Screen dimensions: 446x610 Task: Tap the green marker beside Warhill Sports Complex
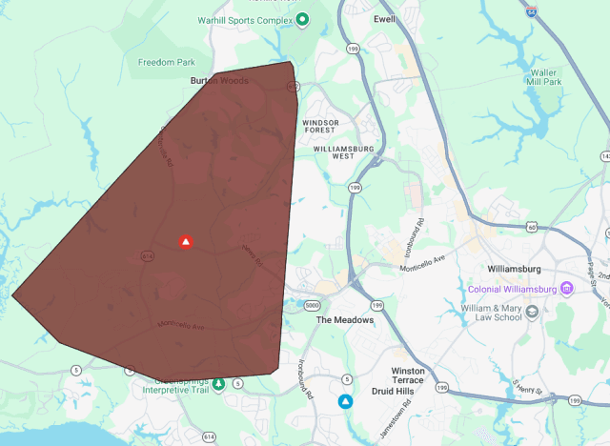tap(302, 19)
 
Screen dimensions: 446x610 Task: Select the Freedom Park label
tap(159, 63)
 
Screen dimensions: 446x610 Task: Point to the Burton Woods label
tap(219, 81)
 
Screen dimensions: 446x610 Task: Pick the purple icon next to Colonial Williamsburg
tap(567, 288)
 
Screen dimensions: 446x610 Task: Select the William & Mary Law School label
tap(486, 315)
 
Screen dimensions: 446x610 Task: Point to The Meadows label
tap(345, 320)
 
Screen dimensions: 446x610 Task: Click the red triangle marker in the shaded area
tap(186, 242)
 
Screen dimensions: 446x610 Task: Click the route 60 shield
tap(532, 227)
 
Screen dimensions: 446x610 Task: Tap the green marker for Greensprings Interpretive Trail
tap(218, 383)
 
